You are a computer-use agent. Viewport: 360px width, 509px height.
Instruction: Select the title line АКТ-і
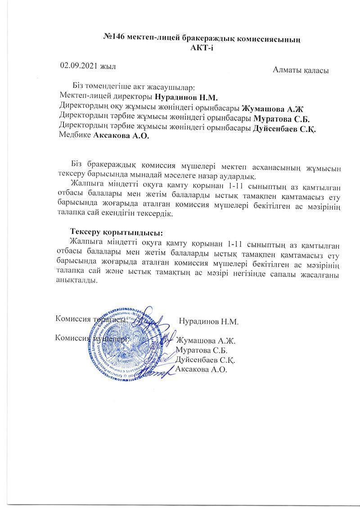point(202,48)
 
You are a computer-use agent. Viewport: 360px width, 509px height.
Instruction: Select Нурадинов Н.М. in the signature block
point(208,321)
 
